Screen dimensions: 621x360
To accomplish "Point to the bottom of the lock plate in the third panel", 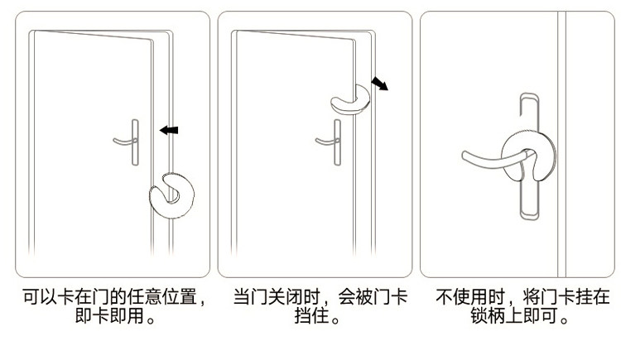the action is pyautogui.click(x=529, y=217).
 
